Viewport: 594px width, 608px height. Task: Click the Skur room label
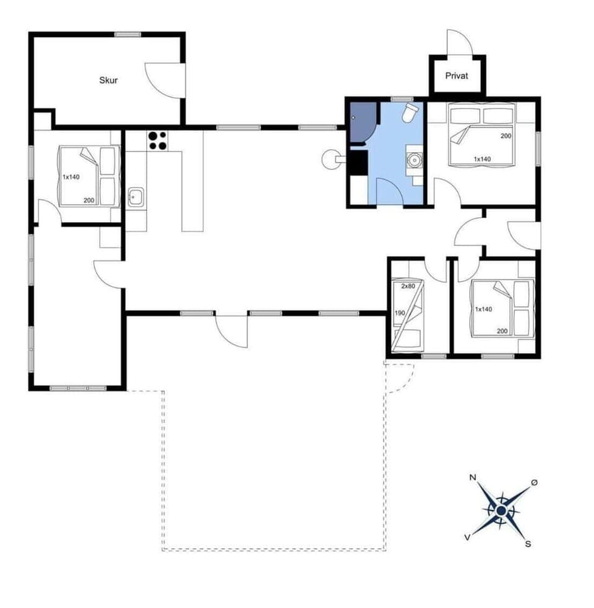point(108,80)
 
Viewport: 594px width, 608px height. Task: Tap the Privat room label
point(457,76)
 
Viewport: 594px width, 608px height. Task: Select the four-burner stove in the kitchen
point(157,141)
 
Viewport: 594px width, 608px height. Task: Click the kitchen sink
point(136,198)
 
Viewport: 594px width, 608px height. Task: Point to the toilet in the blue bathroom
point(410,113)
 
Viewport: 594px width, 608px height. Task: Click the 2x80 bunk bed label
point(408,286)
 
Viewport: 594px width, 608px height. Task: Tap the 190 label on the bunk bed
point(399,313)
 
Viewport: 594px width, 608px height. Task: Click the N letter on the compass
point(473,477)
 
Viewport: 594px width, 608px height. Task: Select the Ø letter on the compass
point(535,482)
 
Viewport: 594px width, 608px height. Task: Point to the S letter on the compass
point(528,544)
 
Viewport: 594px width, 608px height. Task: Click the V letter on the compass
point(467,537)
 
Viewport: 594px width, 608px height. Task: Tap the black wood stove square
point(358,163)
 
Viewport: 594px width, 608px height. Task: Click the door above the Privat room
point(459,43)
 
